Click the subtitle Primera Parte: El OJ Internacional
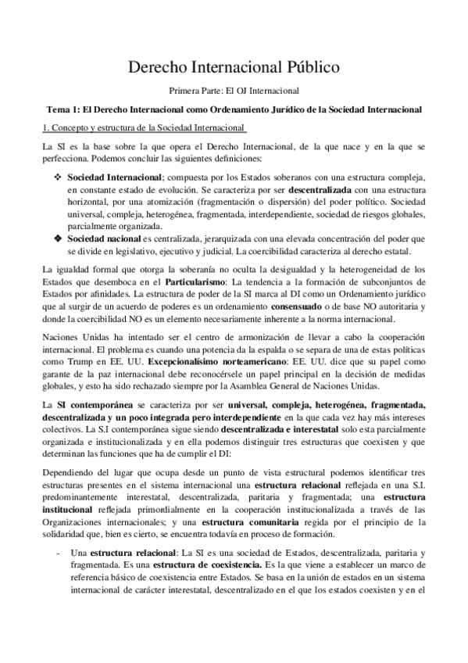tap(234, 91)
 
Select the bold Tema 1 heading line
tap(234, 109)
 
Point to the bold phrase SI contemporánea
tap(90, 405)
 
